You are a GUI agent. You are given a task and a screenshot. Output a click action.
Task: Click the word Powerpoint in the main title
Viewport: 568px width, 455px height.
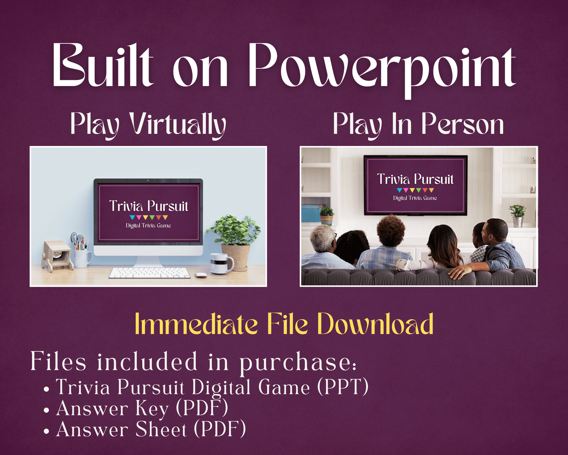click(x=381, y=67)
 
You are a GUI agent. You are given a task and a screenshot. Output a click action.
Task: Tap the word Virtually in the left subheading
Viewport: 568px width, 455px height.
click(x=178, y=124)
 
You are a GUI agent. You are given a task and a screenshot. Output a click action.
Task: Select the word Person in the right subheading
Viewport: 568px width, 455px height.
click(x=462, y=124)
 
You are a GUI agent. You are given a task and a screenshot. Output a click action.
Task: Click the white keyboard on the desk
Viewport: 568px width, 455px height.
click(x=149, y=272)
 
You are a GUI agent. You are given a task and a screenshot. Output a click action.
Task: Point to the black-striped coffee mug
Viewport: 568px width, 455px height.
click(x=220, y=263)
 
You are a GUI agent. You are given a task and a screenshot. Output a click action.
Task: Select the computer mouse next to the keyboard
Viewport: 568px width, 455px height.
click(x=201, y=275)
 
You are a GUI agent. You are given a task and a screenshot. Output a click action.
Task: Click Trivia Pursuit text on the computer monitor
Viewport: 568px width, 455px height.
click(x=149, y=206)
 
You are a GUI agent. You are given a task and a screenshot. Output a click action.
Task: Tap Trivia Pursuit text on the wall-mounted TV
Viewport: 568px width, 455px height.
click(x=415, y=179)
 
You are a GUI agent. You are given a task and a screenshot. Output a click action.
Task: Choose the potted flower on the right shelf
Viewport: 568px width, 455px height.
click(x=517, y=215)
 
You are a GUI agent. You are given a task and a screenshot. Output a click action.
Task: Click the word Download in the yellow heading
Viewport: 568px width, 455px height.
click(x=375, y=324)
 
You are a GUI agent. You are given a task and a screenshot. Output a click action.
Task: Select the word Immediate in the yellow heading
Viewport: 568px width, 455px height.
click(x=196, y=324)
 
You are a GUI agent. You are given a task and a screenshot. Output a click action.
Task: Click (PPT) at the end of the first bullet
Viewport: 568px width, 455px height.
click(x=343, y=387)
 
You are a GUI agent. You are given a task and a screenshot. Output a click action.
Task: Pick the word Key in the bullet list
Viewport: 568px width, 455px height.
click(x=152, y=409)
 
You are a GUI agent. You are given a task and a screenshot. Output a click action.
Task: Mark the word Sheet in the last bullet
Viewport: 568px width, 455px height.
click(x=161, y=429)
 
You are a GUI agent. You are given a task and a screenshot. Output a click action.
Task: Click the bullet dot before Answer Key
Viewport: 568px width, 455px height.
click(x=47, y=410)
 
